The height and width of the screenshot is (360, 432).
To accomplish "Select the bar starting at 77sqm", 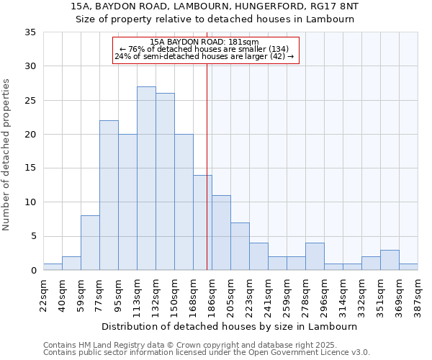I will click(109, 195).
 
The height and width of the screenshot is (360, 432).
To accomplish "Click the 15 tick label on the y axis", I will click(32, 168).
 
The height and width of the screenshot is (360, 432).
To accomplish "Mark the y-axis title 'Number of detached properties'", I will click(7, 155).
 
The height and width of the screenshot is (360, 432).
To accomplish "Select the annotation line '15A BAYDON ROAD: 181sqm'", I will click(204, 42).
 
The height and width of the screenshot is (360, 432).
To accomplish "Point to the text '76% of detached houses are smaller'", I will click(204, 49).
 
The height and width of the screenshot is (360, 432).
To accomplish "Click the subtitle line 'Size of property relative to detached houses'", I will click(215, 19).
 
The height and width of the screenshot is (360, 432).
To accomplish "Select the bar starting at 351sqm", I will click(390, 260).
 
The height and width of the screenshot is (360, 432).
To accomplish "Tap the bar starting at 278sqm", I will click(315, 256).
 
